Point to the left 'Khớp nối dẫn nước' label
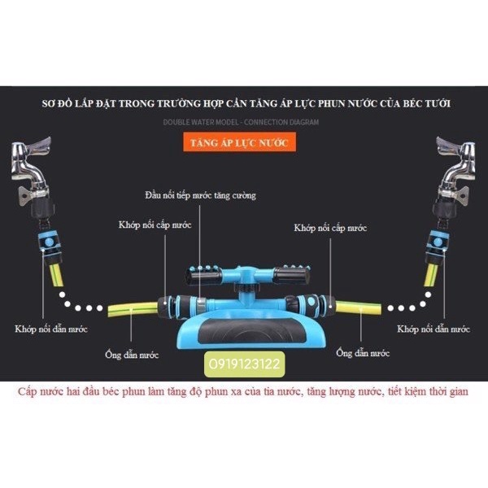point(50,329)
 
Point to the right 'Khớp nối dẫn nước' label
point(434,329)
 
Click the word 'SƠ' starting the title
point(49,105)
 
